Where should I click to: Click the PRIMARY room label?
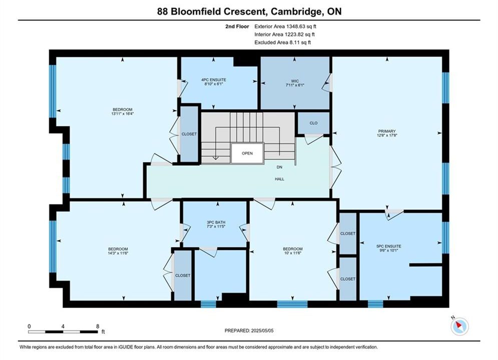pyautogui.click(x=387, y=131)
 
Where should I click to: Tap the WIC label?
pyautogui.click(x=295, y=81)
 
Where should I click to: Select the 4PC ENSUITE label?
pyautogui.click(x=213, y=80)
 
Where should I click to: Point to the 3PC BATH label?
pyautogui.click(x=216, y=222)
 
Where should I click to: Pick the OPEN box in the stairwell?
pyautogui.click(x=247, y=153)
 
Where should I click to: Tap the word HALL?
pyautogui.click(x=279, y=179)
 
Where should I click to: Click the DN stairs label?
pyautogui.click(x=279, y=167)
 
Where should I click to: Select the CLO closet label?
pyautogui.click(x=313, y=123)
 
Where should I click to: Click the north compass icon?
pyautogui.click(x=459, y=325)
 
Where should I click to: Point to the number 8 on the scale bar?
pyautogui.click(x=98, y=326)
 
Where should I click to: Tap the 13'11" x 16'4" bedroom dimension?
pyautogui.click(x=122, y=113)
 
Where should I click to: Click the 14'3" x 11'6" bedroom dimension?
pyautogui.click(x=118, y=253)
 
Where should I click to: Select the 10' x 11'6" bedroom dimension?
pyautogui.click(x=292, y=253)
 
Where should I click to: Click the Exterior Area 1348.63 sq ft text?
pyautogui.click(x=285, y=26)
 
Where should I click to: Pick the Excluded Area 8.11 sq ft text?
pyautogui.click(x=283, y=42)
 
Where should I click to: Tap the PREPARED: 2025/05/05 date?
pyautogui.click(x=249, y=330)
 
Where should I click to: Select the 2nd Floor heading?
pyautogui.click(x=237, y=26)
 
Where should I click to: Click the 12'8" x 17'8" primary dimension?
pyautogui.click(x=387, y=135)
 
